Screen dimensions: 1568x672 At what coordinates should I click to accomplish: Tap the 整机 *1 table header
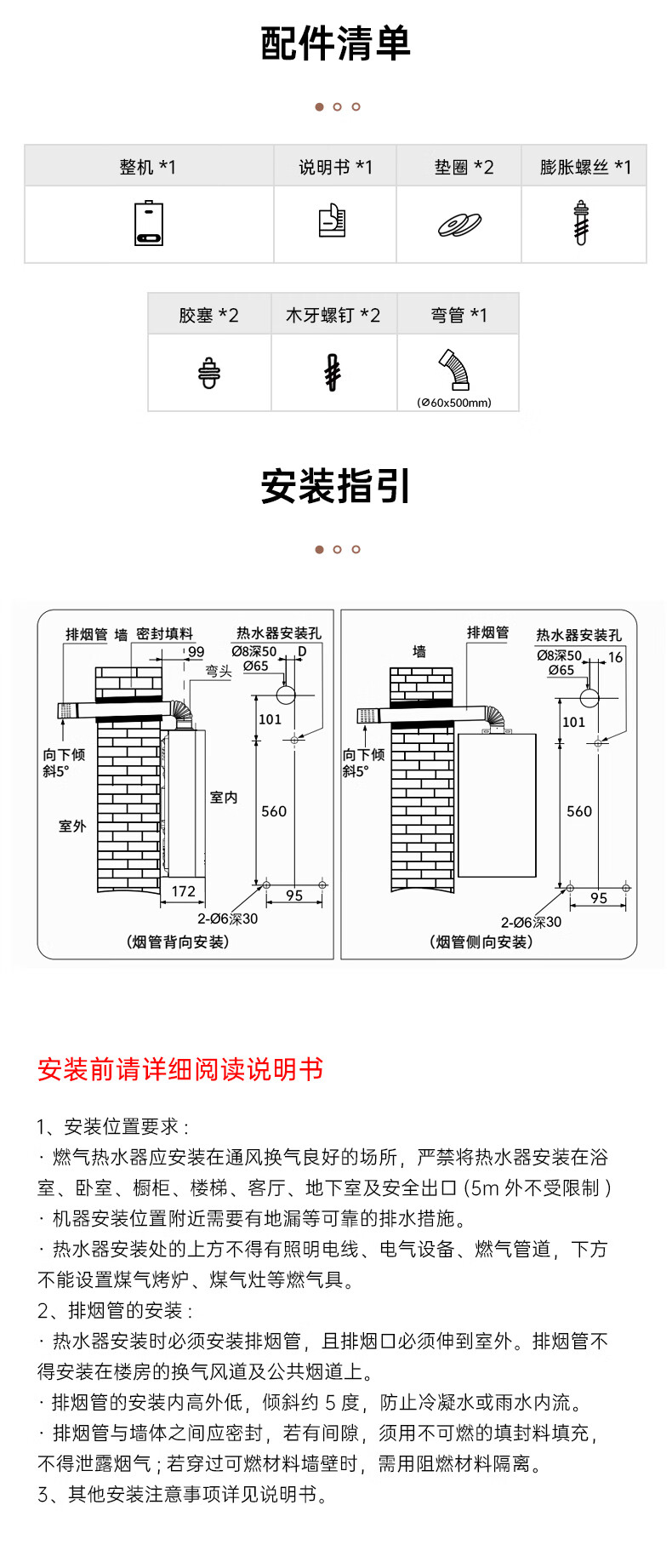point(148,167)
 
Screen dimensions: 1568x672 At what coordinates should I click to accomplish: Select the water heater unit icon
point(149,224)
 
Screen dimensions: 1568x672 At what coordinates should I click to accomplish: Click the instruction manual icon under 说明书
point(333,221)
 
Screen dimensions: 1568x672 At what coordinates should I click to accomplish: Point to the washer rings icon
point(459,224)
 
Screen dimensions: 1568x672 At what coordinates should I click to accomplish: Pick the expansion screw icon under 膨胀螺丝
point(581,223)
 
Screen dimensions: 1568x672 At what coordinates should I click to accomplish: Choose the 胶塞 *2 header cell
point(208,315)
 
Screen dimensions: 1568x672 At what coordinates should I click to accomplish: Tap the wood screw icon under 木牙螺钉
point(333,373)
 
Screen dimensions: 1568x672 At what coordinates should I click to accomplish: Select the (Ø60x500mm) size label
point(455,403)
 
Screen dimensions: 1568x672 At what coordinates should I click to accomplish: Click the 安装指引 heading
point(335,486)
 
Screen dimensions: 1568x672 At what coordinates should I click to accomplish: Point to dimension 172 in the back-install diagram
point(184,891)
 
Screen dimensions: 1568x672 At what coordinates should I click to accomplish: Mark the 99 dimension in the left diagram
point(196,652)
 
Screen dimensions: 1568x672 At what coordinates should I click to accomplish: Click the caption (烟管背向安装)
point(179,941)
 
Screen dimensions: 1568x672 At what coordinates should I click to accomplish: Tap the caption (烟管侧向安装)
point(481,941)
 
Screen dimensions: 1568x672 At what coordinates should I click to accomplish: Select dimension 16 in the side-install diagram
point(615,657)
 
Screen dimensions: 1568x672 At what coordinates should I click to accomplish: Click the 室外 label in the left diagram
point(72,826)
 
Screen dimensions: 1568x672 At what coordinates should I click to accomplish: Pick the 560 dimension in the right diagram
point(579,811)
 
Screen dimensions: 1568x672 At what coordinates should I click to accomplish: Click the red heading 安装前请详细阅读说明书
point(180,1069)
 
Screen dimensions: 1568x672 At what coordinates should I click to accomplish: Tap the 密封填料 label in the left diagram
point(164,634)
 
